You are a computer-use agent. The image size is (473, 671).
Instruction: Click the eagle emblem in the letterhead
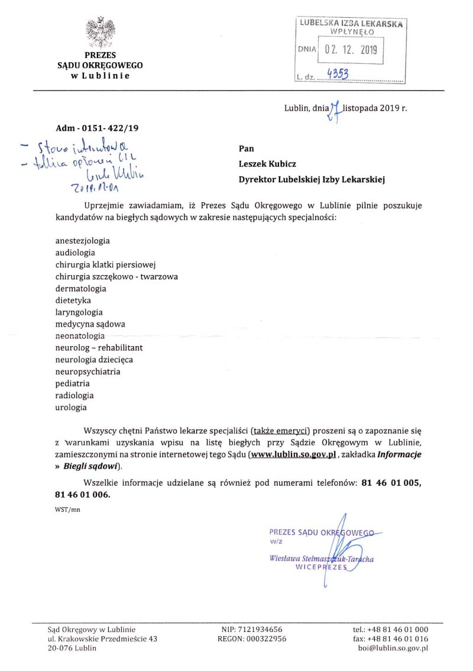pos(100,32)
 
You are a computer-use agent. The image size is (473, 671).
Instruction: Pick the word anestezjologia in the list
pos(82,241)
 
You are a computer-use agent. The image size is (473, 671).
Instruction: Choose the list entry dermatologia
pos(80,288)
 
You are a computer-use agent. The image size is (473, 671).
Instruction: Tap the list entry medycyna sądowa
pos(90,324)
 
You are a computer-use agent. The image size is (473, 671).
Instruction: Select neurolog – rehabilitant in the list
pos(99,347)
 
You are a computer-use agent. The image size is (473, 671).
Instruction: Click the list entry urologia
pos(71,407)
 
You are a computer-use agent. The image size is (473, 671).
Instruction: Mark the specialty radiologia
pos(74,395)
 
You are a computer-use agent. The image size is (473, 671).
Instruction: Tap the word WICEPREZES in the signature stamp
pos(320,566)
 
